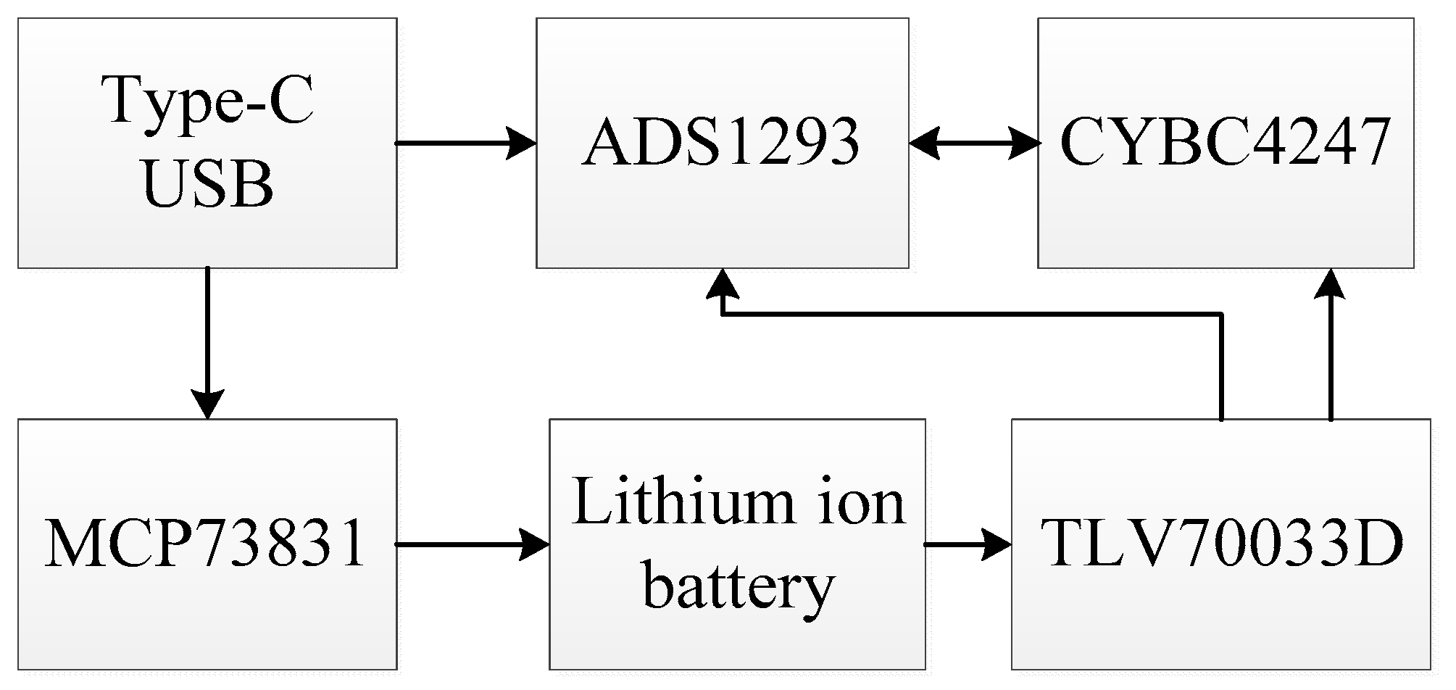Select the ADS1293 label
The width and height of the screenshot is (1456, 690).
point(720,142)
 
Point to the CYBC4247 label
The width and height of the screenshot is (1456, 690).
point(1225,142)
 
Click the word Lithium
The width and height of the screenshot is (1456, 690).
point(670,502)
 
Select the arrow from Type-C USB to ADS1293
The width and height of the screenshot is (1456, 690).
point(464,143)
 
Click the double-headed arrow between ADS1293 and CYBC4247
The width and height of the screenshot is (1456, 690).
point(973,143)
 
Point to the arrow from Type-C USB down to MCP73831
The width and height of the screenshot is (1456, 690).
point(208,341)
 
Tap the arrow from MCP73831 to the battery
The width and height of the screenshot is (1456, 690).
point(471,544)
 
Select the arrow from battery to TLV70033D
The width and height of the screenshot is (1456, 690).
point(968,544)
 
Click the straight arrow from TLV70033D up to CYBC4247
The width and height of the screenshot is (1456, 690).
point(1330,348)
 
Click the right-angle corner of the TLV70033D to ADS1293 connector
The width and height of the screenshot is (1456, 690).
point(1222,315)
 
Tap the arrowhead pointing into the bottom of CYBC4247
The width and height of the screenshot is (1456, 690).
point(1330,284)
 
